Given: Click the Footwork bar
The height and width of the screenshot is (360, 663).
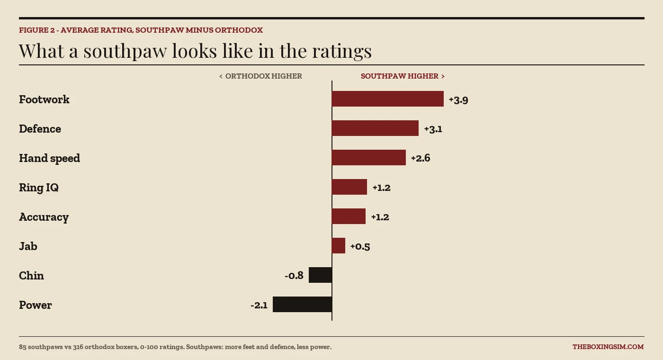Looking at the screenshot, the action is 388,99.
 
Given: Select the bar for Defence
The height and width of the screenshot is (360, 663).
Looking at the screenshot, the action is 375,128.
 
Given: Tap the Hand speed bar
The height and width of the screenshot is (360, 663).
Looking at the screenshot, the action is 369,157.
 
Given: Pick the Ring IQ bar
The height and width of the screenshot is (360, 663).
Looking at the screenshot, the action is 349,187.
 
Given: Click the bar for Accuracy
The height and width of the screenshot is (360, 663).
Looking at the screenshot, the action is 349,216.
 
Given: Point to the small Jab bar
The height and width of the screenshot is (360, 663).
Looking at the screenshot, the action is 339,246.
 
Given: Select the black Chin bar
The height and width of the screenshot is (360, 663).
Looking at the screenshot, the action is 320,275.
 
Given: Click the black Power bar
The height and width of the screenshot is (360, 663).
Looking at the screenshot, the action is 302,304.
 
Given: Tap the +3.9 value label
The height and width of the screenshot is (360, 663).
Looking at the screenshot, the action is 458,100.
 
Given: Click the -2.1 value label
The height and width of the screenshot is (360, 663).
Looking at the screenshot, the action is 259,305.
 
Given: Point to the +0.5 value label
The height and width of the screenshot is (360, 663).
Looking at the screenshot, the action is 360,247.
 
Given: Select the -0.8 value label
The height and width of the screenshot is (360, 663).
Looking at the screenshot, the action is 294,276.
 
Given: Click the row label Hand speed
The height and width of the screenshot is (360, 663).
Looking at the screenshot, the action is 49,158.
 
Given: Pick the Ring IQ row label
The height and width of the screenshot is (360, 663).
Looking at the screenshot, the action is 39,188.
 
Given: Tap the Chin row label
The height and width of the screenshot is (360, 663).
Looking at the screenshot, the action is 31,276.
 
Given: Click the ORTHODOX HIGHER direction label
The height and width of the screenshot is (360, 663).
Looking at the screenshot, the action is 260,76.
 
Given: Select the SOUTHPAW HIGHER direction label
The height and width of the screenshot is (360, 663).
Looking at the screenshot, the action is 403,76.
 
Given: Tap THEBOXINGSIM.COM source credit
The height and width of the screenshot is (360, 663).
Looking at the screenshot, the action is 608,347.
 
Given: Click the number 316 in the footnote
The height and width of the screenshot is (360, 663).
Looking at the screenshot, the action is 78,347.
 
